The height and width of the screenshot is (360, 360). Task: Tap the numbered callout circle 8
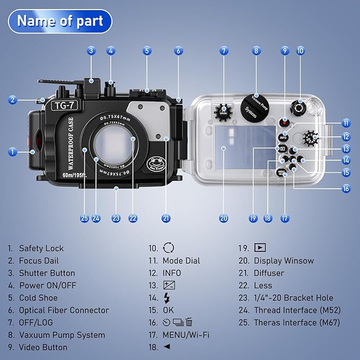click(256, 51)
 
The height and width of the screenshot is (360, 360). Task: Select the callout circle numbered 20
click(223, 218)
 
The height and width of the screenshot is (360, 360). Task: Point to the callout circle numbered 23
click(116, 218)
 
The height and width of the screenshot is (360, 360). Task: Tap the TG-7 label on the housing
click(64, 105)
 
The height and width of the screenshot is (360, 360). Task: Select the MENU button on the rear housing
click(282, 172)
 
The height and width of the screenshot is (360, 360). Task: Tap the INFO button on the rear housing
click(283, 137)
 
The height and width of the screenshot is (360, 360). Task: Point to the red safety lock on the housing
click(30, 142)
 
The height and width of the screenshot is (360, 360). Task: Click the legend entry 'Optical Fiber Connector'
click(64, 310)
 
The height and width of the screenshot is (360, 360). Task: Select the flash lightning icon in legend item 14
click(167, 298)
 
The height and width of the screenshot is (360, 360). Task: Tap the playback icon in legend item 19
click(259, 248)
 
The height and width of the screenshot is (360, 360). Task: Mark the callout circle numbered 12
click(346, 136)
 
